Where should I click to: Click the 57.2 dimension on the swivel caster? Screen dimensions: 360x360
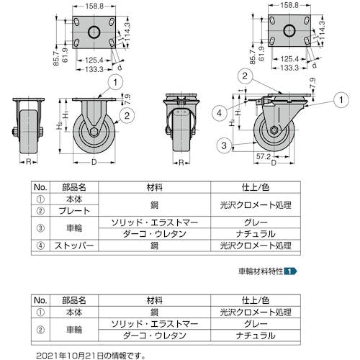(x=264, y=156)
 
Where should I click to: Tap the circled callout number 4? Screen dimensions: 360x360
(x=220, y=113)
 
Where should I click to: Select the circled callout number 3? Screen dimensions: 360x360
(x=224, y=145)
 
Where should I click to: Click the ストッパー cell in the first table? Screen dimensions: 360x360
(x=74, y=246)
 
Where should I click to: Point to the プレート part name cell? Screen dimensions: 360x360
(x=74, y=211)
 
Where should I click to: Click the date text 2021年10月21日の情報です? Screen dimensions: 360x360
(x=91, y=356)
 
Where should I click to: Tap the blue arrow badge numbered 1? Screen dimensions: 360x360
(x=290, y=271)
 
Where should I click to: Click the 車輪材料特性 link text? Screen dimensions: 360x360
(x=261, y=271)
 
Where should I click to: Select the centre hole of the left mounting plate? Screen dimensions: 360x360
(x=94, y=32)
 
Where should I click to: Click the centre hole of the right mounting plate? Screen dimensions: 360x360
(x=289, y=30)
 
